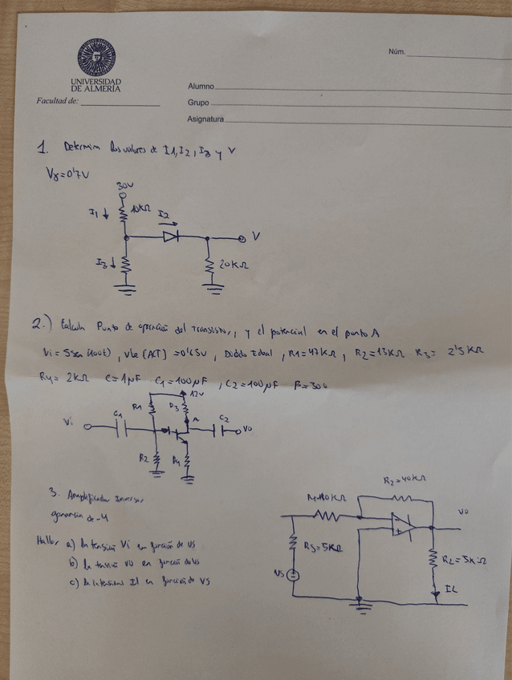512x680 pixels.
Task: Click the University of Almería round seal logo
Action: (x=96, y=58)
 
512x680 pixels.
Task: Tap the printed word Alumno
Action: (x=201, y=86)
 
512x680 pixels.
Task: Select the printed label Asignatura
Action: (x=205, y=119)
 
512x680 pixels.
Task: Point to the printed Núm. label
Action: (x=396, y=51)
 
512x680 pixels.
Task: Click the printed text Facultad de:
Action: (x=57, y=101)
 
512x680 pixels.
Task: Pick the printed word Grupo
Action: (x=198, y=103)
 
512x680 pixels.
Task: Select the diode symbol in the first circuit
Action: (x=171, y=237)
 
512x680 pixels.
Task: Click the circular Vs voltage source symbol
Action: (x=295, y=575)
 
